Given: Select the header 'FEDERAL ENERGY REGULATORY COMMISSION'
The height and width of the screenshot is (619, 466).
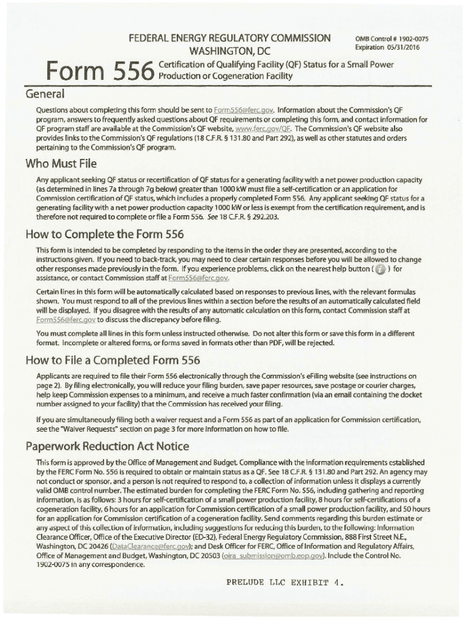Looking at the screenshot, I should click(x=229, y=38).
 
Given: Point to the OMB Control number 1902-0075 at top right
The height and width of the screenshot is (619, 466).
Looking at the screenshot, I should click(x=387, y=39).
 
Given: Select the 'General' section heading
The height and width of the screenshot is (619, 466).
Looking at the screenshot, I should click(x=44, y=95).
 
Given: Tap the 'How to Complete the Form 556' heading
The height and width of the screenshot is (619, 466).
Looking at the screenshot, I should click(x=103, y=235).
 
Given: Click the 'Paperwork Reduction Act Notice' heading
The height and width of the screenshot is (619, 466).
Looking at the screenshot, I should click(x=107, y=447).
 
